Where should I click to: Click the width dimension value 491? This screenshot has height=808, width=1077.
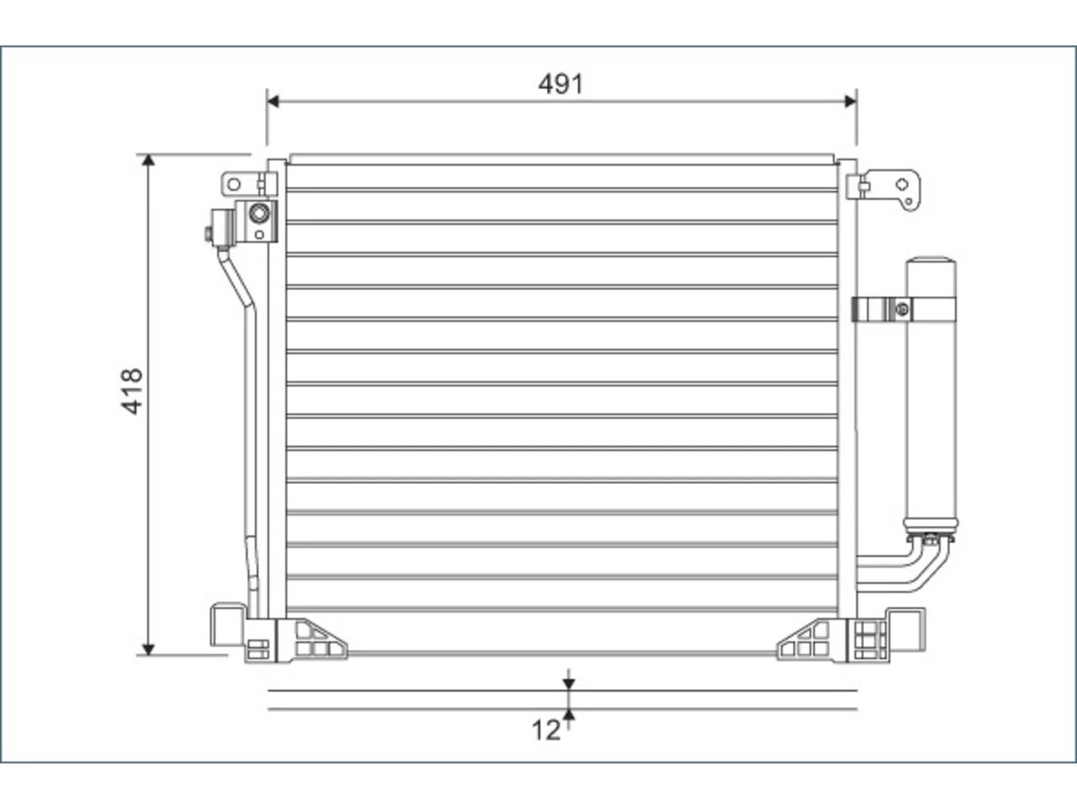point(560,84)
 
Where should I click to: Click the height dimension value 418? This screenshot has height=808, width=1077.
point(132,391)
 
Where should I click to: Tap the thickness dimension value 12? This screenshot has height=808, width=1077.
point(545,731)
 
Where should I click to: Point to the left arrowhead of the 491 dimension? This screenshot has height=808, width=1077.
point(273,102)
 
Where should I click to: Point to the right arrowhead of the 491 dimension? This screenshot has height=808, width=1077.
point(851,102)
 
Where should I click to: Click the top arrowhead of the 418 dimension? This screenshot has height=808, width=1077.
point(148,160)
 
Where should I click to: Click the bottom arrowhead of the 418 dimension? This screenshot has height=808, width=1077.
point(148,649)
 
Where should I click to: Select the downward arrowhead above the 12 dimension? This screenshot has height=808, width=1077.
point(569,684)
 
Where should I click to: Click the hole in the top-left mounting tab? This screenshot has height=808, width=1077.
point(234,184)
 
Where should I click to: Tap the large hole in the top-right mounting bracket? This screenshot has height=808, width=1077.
point(902,184)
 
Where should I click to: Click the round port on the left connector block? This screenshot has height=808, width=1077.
point(259,214)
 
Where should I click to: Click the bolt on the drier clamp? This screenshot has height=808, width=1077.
point(902,310)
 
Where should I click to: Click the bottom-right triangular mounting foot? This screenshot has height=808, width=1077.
point(812,641)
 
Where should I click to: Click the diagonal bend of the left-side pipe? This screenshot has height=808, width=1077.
point(236,279)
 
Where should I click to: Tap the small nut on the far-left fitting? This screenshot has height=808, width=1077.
point(209,234)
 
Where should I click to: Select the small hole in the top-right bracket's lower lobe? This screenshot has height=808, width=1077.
point(909,202)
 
